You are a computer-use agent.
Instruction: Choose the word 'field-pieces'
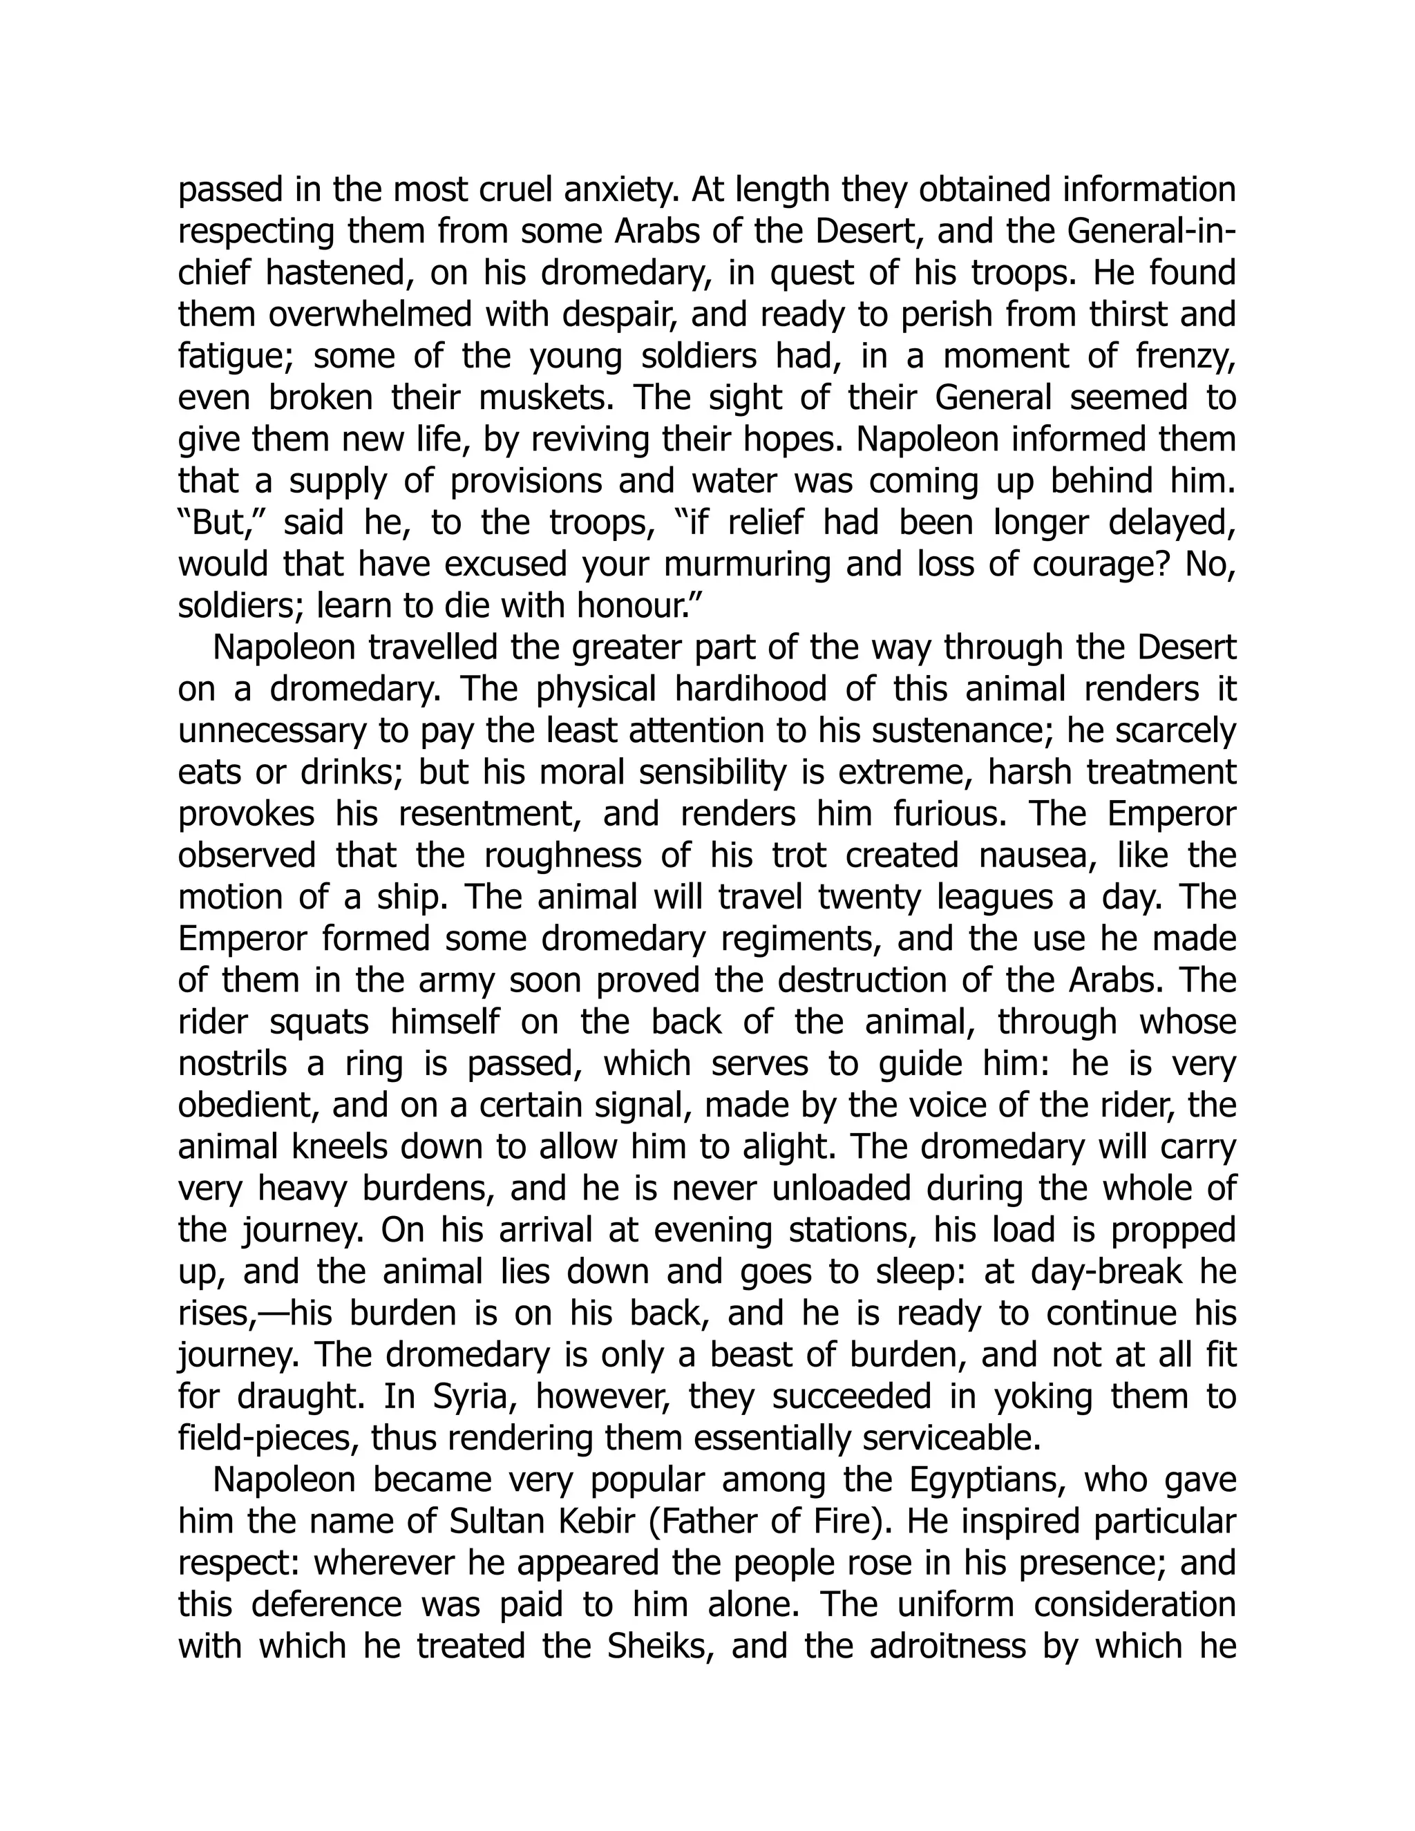(x=267, y=1439)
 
